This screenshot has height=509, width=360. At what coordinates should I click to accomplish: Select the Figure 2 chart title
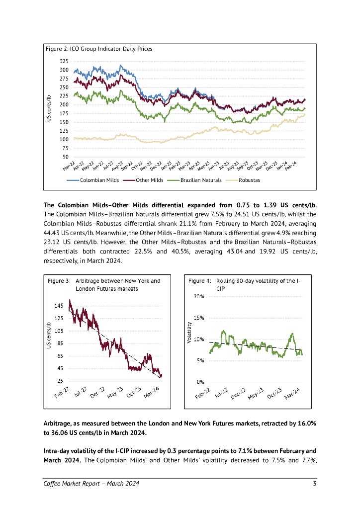pyautogui.click(x=99, y=49)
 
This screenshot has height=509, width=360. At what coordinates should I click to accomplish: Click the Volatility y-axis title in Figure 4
pyautogui.click(x=189, y=333)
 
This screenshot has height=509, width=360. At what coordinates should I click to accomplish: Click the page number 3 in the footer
pyautogui.click(x=315, y=484)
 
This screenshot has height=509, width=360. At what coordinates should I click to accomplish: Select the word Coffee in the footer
pyautogui.click(x=53, y=484)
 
